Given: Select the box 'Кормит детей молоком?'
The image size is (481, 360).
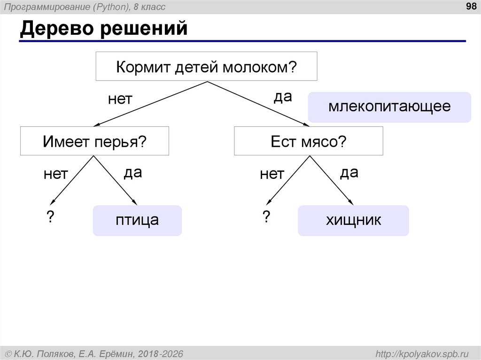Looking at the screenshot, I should (207, 67).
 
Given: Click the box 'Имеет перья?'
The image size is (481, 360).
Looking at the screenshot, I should (94, 141).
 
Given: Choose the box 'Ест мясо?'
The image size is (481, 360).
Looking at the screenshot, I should (308, 141).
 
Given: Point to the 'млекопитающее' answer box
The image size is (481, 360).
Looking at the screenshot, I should (389, 107).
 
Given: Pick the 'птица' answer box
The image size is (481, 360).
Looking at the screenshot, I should (137, 220).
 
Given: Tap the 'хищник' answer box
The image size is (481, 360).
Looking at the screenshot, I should (353, 220).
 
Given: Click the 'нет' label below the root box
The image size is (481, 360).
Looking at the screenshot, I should (120, 99).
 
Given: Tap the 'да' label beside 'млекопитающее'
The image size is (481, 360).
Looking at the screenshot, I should (283, 97).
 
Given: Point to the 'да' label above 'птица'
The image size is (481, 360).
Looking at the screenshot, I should (132, 173).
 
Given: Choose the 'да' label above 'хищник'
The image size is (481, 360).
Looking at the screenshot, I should (349, 173).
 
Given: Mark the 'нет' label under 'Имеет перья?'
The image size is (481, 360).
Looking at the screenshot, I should (56, 175).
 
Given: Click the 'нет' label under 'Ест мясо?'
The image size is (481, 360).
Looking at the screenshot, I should (272, 175).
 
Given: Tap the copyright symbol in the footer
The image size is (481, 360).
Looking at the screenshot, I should (8, 353).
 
